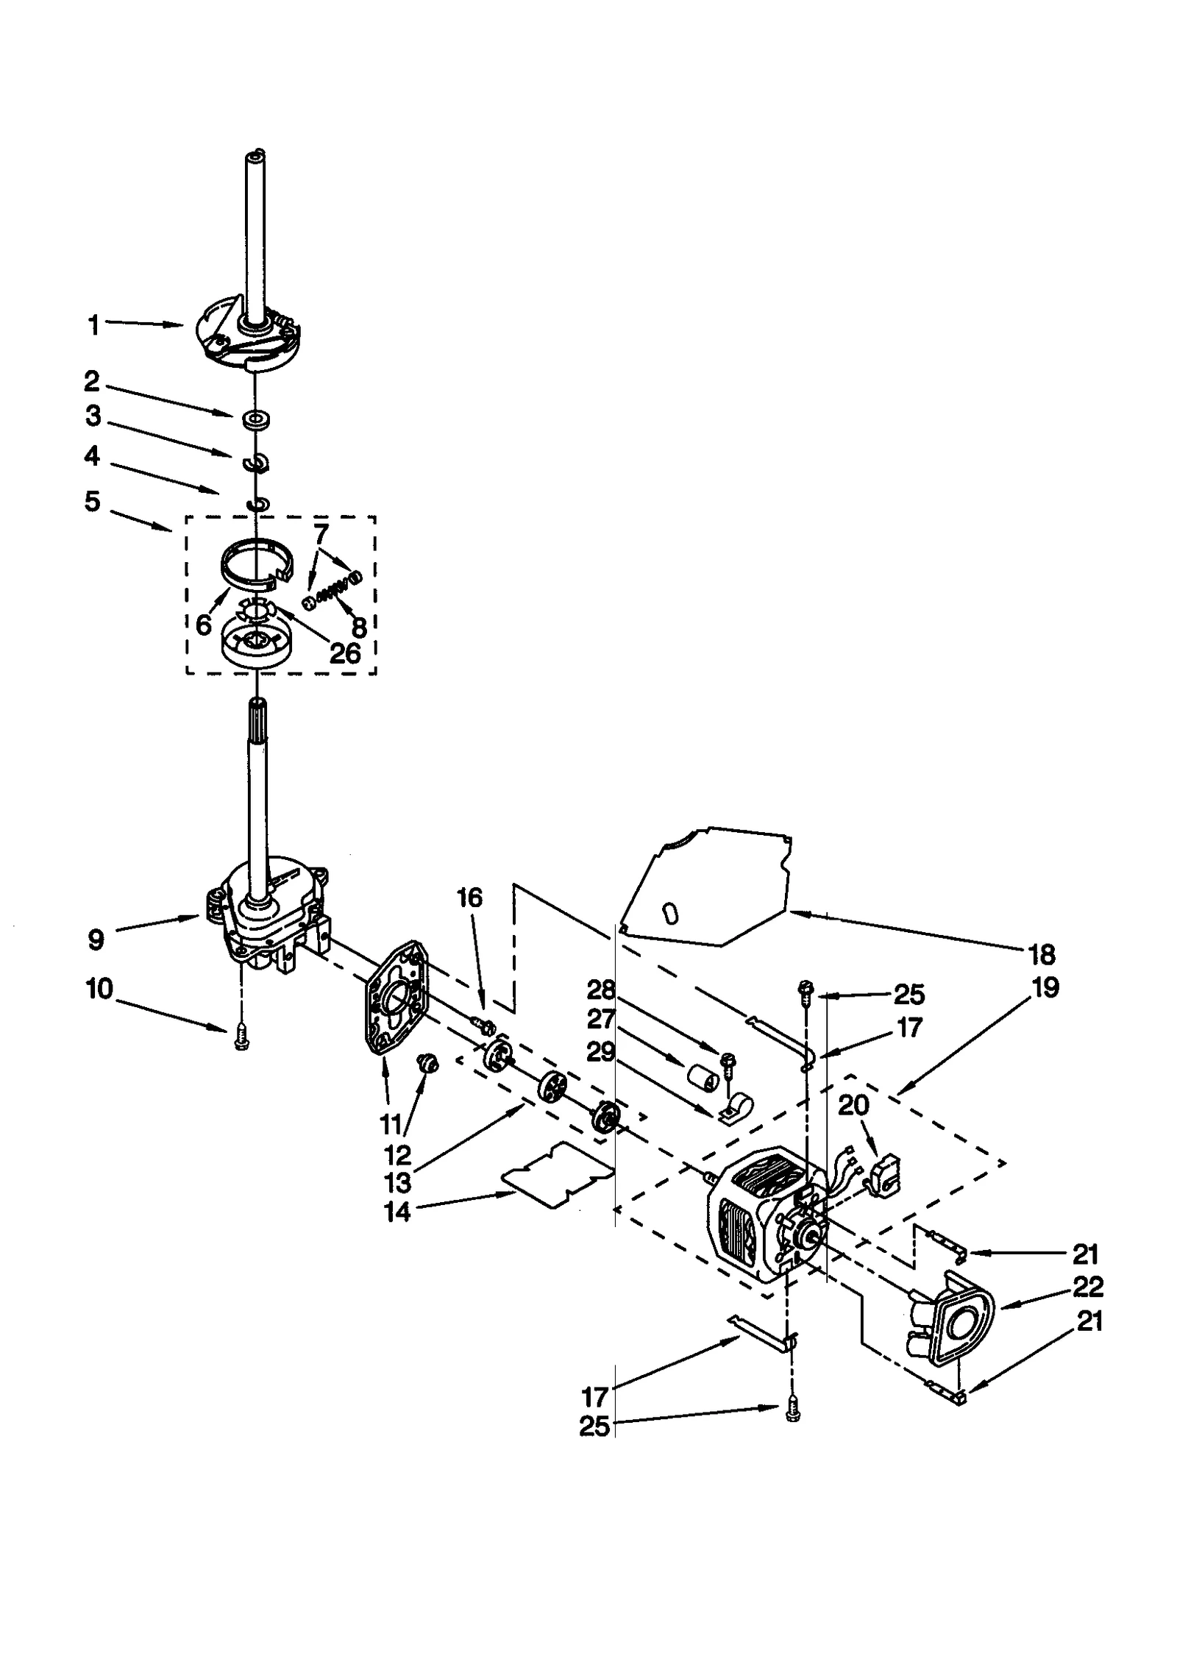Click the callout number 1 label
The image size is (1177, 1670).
point(93,324)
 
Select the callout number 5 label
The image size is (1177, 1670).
point(92,502)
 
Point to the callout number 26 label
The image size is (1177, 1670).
point(345,652)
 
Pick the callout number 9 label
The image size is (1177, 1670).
point(96,939)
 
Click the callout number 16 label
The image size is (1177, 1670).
point(469,898)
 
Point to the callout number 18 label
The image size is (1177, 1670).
point(1042,955)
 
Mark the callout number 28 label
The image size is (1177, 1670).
point(600,989)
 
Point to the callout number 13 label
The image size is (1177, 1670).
point(397,1183)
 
